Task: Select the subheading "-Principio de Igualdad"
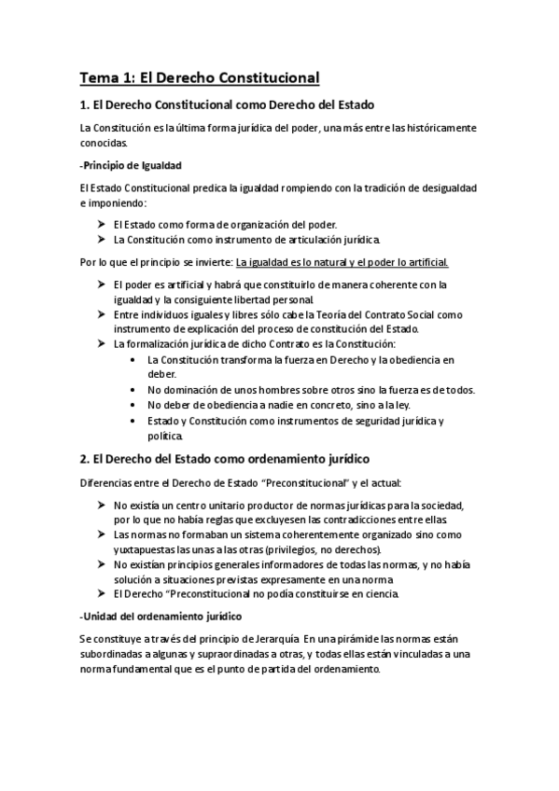tap(131, 165)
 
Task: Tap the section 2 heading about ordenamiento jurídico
tap(225, 458)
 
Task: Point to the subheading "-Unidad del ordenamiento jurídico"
tap(148, 617)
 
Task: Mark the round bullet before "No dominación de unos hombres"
tap(136, 389)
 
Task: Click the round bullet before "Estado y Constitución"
tap(136, 421)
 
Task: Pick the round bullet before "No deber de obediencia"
tap(136, 405)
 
